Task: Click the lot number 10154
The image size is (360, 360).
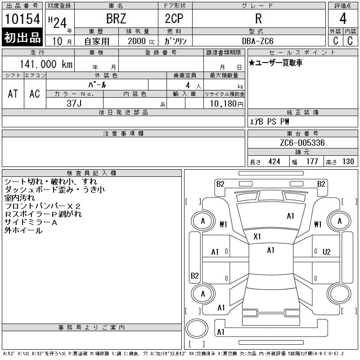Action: (x=22, y=19)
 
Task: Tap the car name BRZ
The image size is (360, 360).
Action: (x=116, y=18)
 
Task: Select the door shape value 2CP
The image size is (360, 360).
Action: (x=174, y=18)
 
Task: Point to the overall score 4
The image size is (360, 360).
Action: (x=343, y=18)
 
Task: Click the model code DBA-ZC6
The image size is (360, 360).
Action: (x=258, y=41)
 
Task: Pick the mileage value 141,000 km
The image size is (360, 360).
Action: (x=46, y=64)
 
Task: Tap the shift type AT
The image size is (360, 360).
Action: (x=13, y=94)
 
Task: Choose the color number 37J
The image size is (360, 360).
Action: (x=74, y=103)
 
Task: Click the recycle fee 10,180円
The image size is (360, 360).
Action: (x=226, y=103)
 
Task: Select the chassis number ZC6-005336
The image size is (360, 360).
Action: (x=302, y=143)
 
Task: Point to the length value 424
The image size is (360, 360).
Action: (x=274, y=162)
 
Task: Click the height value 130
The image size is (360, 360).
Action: (x=348, y=162)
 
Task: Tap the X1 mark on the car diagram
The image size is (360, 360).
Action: (x=257, y=237)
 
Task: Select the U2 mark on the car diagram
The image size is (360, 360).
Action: (x=327, y=252)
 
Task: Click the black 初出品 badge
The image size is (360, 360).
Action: (x=22, y=37)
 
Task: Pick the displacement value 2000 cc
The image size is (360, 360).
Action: (x=141, y=41)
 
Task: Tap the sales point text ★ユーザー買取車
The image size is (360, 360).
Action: (x=275, y=63)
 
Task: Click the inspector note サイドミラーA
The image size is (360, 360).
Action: (x=31, y=222)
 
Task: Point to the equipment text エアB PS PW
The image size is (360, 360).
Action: (x=269, y=121)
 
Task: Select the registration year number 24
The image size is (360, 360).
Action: (x=60, y=23)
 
